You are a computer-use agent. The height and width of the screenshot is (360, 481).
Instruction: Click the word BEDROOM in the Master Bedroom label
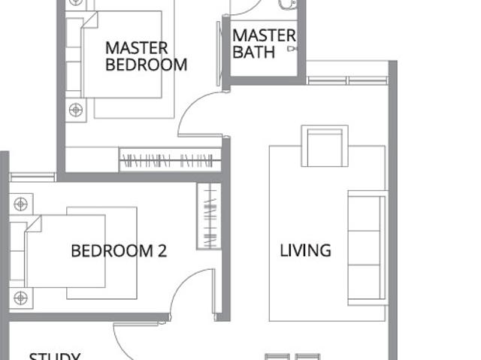[x=147, y=65]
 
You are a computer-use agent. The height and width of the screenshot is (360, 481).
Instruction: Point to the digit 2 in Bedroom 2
[x=161, y=251]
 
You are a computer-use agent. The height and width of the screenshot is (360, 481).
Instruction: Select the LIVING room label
[x=305, y=250]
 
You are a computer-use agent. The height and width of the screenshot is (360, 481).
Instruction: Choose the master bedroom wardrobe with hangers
[x=170, y=160]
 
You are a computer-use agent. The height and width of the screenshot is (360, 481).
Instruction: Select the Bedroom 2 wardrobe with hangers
[x=209, y=216]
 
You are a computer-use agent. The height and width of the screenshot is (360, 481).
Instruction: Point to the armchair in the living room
[x=324, y=146]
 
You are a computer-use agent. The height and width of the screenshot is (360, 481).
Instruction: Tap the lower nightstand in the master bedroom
[x=76, y=110]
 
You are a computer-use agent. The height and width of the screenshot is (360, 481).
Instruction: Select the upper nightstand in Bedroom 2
[x=20, y=204]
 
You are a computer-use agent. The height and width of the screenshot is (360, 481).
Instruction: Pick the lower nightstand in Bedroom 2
[x=20, y=298]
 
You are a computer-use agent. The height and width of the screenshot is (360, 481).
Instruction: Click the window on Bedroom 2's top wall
[x=32, y=177]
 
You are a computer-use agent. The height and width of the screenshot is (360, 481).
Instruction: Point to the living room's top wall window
[x=346, y=80]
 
